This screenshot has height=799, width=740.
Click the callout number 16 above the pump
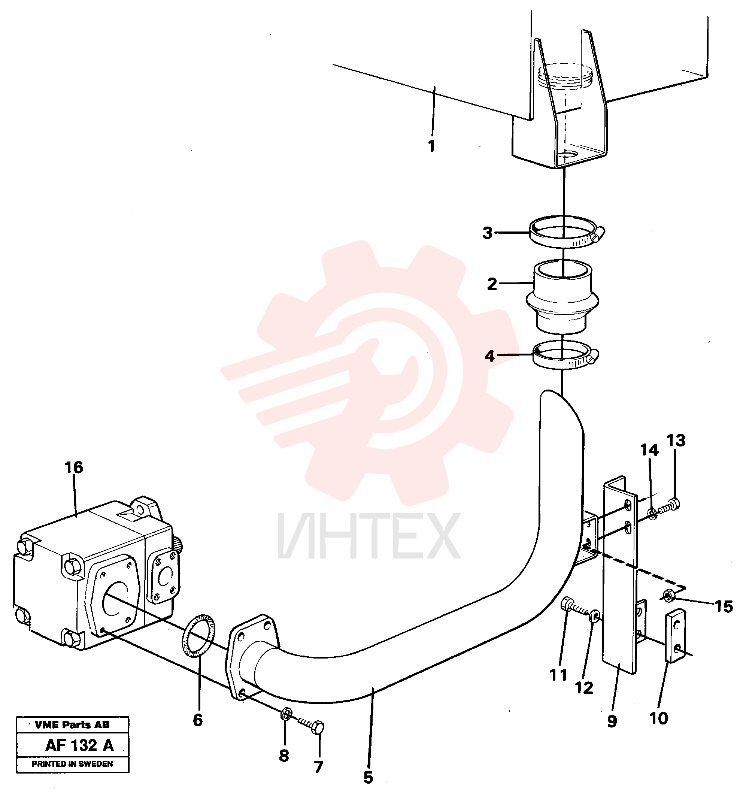tap(74, 467)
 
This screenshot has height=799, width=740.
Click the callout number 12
tap(584, 688)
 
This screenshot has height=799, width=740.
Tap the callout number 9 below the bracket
tap(612, 721)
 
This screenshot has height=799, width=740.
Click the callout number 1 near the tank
tap(431, 146)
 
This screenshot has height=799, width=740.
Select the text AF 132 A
tap(80, 745)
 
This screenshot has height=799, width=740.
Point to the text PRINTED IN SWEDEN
tap(73, 764)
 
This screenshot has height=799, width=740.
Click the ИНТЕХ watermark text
tap(369, 536)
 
